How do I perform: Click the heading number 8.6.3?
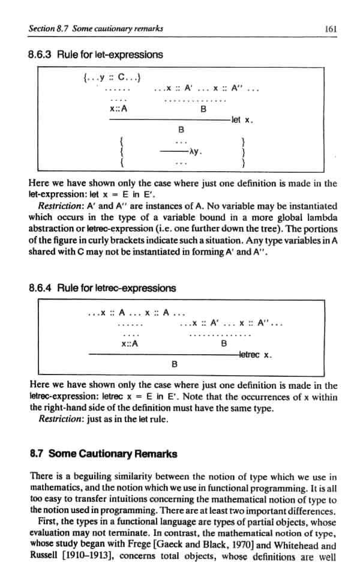click(41, 55)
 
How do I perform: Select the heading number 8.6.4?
click(41, 288)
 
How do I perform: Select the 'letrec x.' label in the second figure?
click(256, 354)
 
